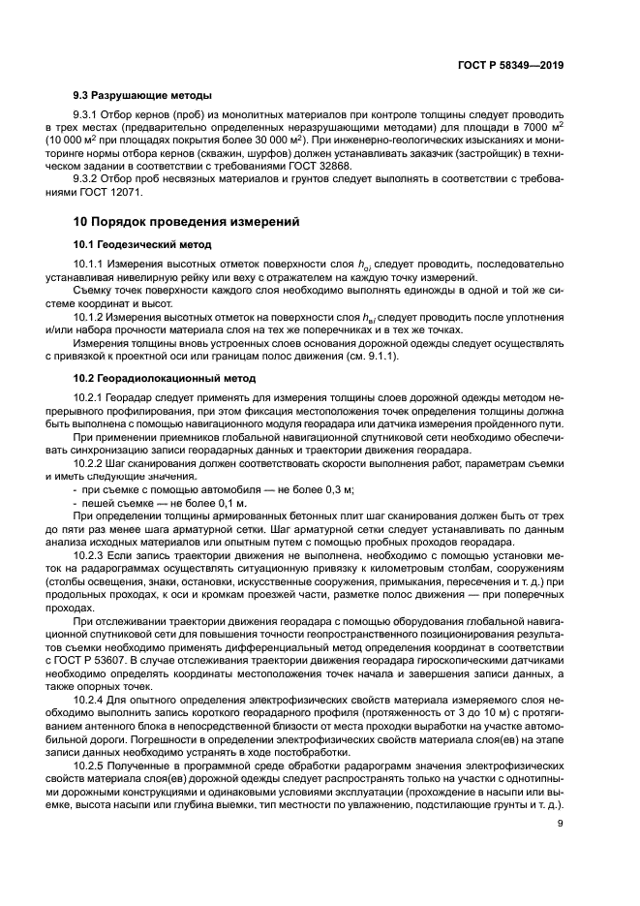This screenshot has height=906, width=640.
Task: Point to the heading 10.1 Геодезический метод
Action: coord(142,244)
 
